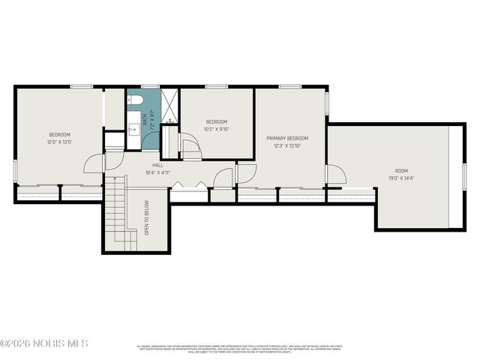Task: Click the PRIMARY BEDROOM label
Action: (287, 138)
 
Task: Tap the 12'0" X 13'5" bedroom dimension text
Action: (59, 141)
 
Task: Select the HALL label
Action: (157, 165)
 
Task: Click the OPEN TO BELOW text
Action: (147, 217)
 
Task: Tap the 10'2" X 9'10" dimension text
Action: (217, 127)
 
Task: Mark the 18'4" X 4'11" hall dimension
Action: (158, 172)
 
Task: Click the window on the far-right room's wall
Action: (465, 177)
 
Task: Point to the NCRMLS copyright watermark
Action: (44, 344)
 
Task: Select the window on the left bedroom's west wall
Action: (15, 172)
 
